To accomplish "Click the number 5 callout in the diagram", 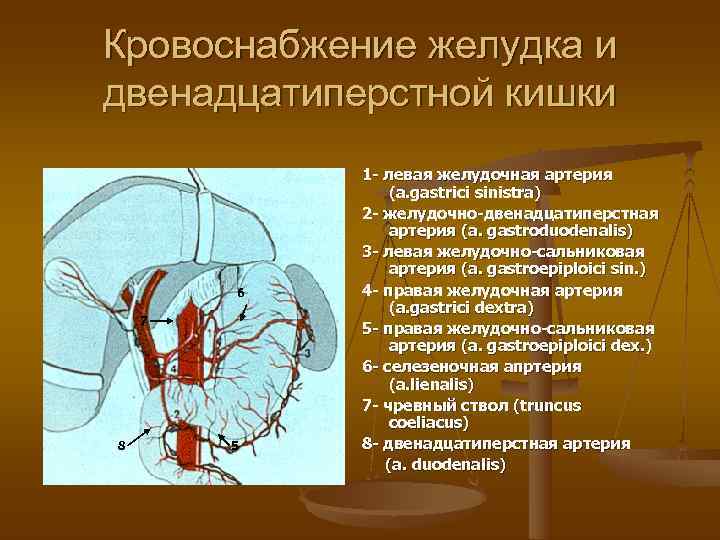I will [234, 445].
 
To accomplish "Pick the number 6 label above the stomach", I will [239, 292].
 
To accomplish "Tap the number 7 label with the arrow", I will [144, 320].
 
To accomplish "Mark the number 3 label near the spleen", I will [307, 354].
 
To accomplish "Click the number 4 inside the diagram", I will [174, 369].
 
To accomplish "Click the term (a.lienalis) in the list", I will [431, 385].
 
